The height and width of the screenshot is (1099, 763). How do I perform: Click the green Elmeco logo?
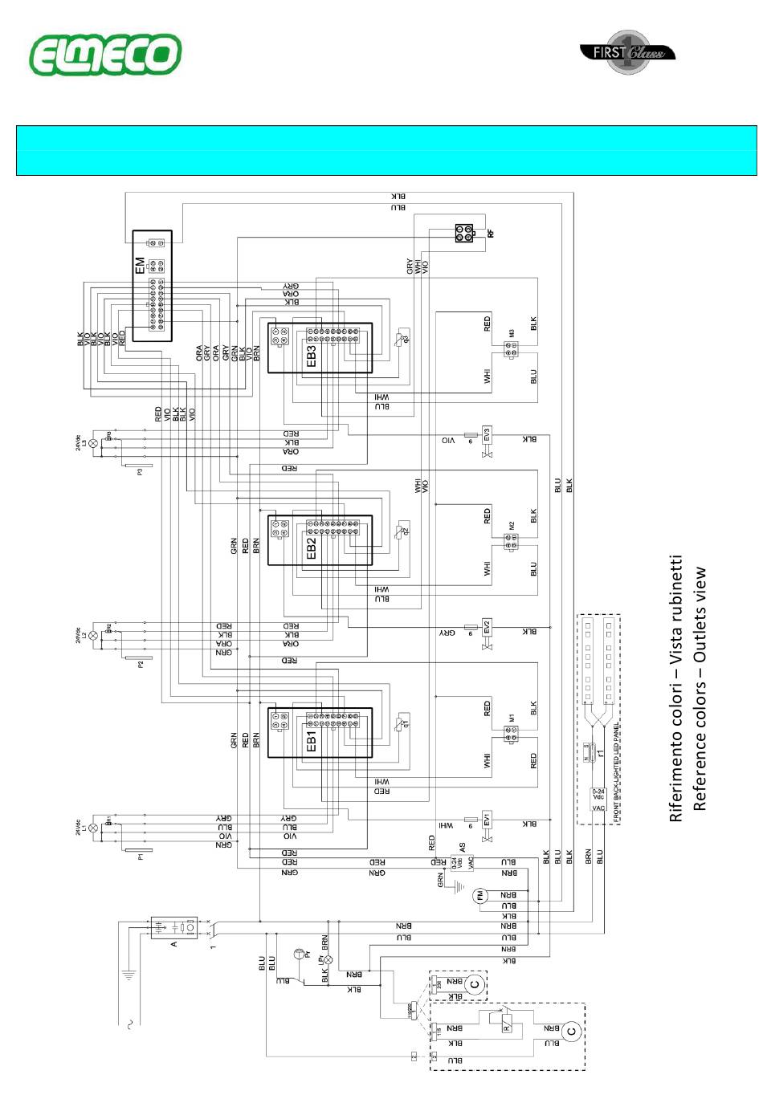105,55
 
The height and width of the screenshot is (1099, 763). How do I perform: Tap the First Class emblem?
627,53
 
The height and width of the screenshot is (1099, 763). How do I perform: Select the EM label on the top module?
141,265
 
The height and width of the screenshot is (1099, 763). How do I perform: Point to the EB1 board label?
312,739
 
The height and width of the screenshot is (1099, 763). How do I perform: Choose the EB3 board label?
312,355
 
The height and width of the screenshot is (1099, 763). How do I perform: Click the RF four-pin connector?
464,234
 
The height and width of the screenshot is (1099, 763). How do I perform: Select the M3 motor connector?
510,347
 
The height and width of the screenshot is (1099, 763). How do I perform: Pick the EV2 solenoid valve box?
487,626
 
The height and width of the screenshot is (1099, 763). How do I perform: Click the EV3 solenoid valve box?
487,434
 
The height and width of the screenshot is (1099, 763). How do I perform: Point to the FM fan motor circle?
480,896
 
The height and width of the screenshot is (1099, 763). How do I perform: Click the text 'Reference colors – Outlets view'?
700,689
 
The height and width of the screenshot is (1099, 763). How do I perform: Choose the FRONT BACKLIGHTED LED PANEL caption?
616,771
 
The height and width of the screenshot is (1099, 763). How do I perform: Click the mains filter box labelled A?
174,928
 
